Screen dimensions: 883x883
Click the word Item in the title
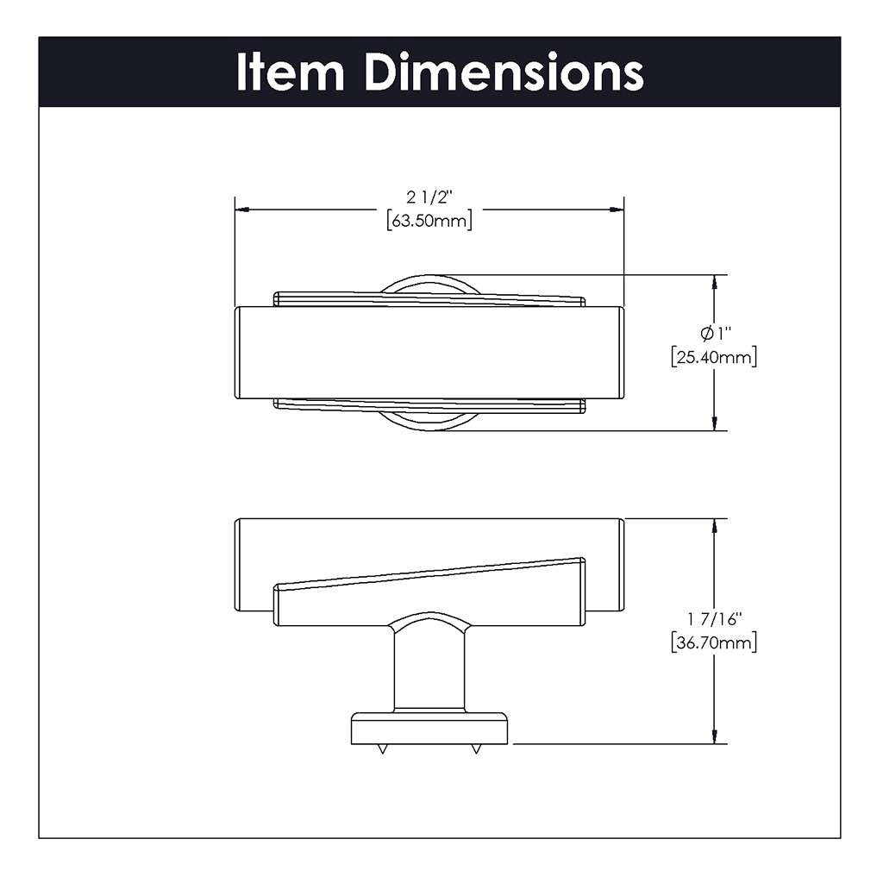pos(292,72)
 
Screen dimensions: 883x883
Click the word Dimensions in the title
pos(504,72)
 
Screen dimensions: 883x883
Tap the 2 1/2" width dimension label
pos(429,197)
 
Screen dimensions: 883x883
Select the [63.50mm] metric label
pos(429,221)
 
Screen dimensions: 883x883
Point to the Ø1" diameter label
pos(714,333)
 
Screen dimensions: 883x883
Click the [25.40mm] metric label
pos(714,356)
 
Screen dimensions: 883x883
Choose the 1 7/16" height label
pos(714,618)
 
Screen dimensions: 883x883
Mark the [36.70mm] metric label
pos(714,642)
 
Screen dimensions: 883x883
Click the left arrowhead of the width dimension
pos(242,209)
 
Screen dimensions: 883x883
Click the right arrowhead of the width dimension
pos(617,209)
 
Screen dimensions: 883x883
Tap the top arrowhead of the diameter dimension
pos(714,282)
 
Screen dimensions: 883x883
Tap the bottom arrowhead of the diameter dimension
pos(714,423)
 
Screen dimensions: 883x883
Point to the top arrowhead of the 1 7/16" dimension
pos(714,526)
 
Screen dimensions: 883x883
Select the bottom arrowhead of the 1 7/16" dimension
pos(714,736)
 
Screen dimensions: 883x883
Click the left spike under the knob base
pos(380,750)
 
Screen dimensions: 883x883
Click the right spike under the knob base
pos(475,750)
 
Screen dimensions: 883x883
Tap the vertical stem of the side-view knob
pos(429,668)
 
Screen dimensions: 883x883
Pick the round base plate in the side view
pos(429,729)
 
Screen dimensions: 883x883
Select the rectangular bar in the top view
pos(429,352)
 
